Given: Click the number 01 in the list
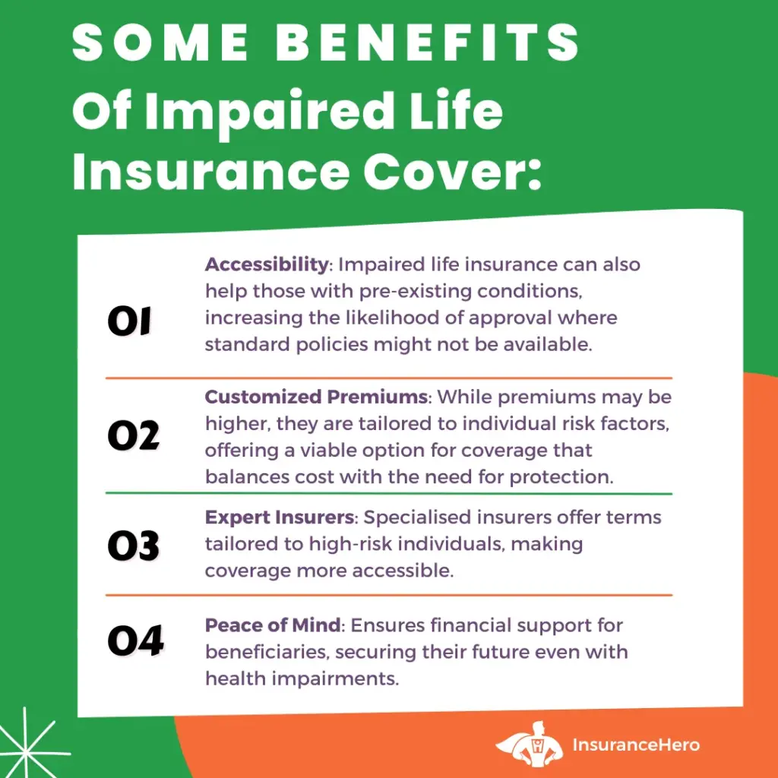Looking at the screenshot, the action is point(129,321).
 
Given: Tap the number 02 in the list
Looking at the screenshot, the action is point(134,435).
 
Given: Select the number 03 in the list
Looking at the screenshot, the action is point(134,546).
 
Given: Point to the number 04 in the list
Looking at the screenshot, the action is point(135,640).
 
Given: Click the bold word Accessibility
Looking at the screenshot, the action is point(267,264).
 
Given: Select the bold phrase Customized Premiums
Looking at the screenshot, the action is point(316,397).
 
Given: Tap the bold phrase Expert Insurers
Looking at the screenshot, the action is point(280,517).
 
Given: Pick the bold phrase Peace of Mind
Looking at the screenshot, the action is point(273,625).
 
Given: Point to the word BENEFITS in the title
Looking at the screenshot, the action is point(428,43).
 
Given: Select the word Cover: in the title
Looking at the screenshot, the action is point(452,172).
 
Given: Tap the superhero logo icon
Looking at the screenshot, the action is point(530,744).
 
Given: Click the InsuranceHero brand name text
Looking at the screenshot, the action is point(636,745).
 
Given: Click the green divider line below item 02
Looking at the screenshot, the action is point(389,494).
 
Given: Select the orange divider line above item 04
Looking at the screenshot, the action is point(389,594).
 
